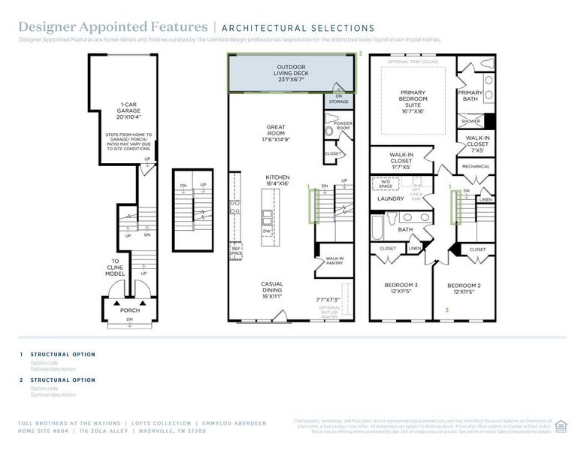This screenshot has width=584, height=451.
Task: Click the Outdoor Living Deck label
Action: pos(292,74)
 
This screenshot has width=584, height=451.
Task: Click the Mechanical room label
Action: pos(475,167)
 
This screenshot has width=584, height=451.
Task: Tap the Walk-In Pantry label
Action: pos(334,261)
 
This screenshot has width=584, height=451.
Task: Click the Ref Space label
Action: pos(236,252)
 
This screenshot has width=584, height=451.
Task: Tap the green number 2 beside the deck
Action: pos(361,54)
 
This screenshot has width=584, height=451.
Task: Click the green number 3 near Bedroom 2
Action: pos(447,310)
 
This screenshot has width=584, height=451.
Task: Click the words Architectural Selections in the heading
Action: pos(298,29)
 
